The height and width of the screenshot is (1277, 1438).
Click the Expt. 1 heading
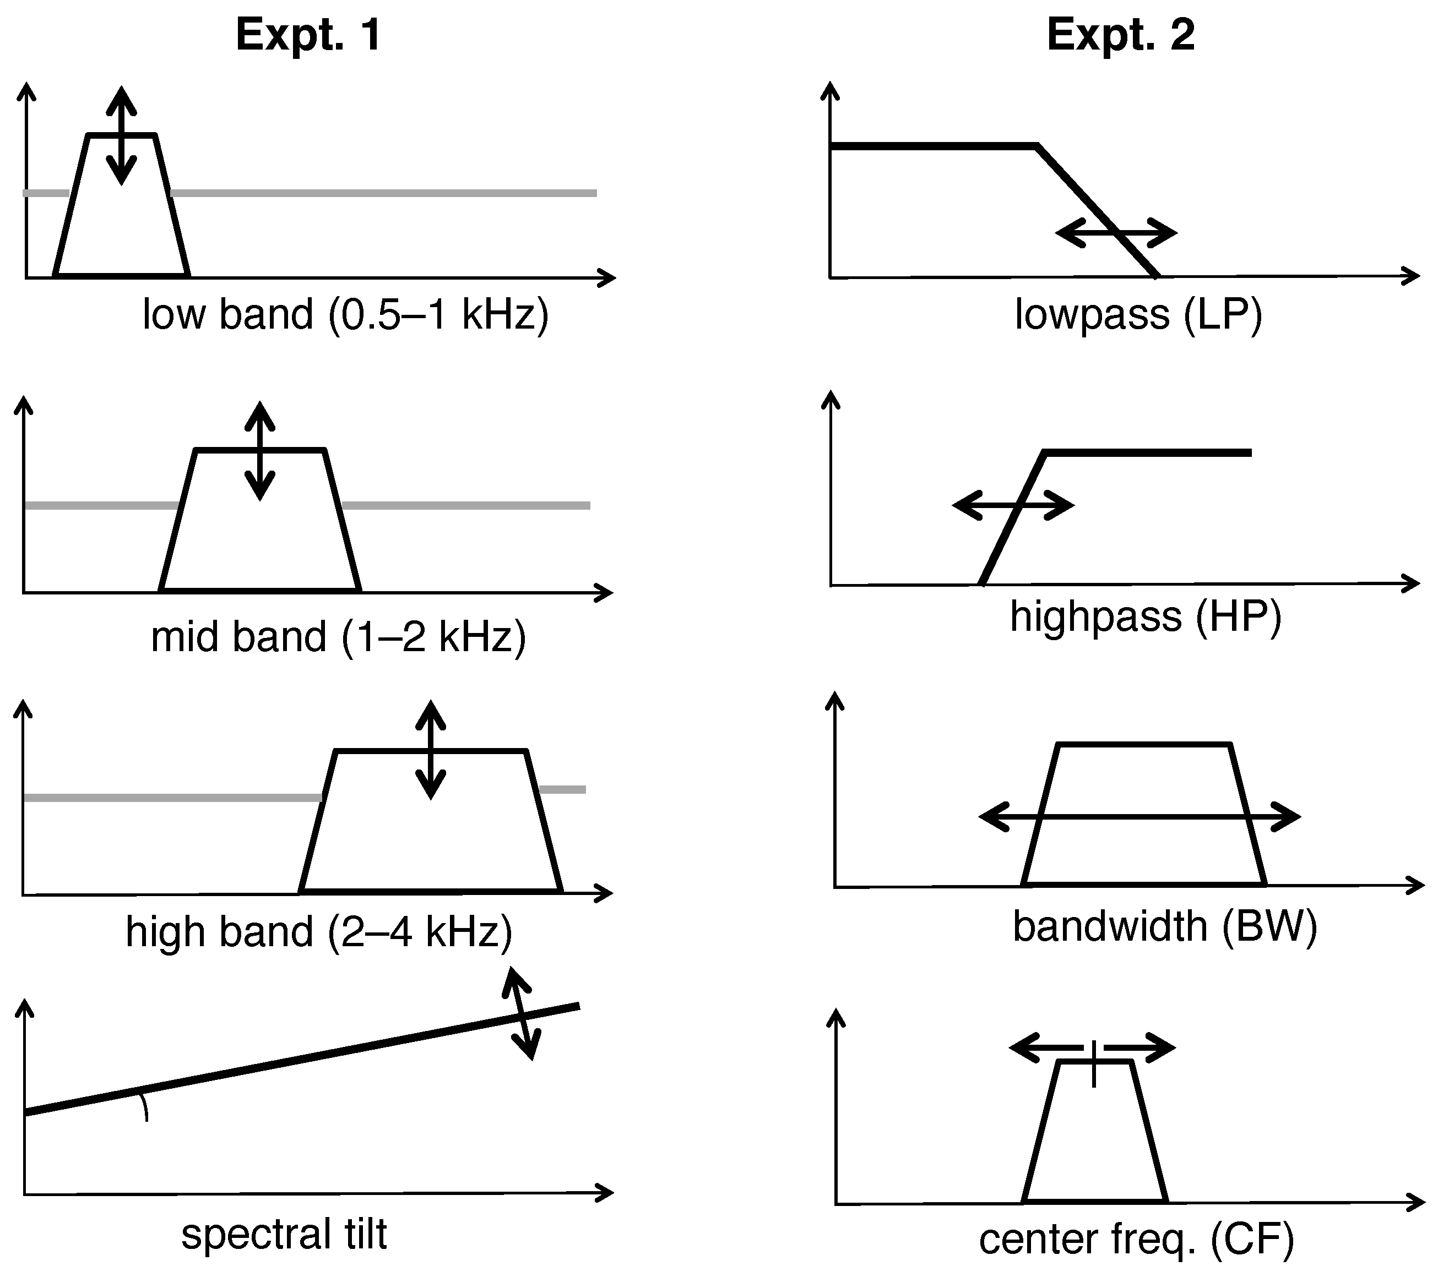309,35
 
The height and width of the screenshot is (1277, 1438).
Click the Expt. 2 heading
1121,35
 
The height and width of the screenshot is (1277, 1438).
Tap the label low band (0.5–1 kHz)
345,314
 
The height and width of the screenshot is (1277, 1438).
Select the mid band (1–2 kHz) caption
338,637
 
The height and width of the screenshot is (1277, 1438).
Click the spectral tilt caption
284,1234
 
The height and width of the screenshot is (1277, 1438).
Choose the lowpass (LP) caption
1138,314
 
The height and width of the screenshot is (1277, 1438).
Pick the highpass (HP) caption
1146,616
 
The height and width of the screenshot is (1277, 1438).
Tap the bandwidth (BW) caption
1164,926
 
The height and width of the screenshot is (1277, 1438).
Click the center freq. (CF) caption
1136,1239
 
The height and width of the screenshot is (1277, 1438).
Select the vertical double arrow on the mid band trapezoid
261,451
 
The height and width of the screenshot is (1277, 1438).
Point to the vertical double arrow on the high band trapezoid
431,750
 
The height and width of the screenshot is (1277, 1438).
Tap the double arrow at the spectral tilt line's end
522,1013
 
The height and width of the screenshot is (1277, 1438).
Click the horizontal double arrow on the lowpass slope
1116,233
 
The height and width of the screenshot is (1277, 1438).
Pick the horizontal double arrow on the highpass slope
1013,505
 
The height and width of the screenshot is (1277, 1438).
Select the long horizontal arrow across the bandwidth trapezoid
1139,817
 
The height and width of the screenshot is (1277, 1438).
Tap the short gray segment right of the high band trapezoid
563,790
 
